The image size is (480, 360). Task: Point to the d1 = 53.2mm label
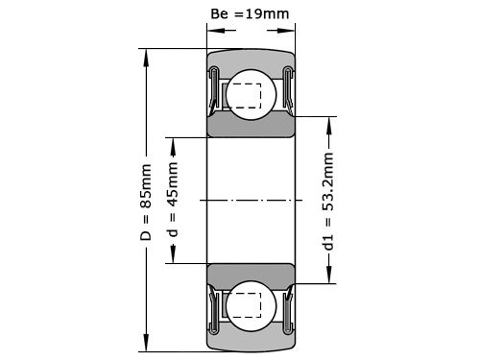tap(328, 202)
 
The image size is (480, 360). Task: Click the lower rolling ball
tap(251, 306)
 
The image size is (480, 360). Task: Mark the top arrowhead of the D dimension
tap(147, 54)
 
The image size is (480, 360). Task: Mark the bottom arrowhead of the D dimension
tap(147, 347)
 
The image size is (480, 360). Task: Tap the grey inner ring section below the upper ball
tap(251, 128)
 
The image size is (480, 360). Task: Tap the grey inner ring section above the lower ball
tap(251, 273)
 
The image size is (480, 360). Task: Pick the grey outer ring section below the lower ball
tap(251, 343)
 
